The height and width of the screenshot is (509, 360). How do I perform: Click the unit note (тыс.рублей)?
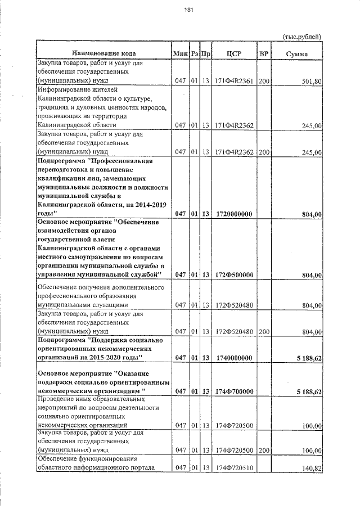[301, 37]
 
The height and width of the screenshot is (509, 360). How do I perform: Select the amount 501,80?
[311, 82]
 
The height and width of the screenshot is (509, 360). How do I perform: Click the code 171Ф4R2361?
[234, 82]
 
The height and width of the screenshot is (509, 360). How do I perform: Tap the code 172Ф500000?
[234, 274]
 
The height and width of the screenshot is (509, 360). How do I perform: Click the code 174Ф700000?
[234, 391]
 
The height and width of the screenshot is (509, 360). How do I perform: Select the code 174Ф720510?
[234, 468]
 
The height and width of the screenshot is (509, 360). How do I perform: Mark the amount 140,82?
[311, 468]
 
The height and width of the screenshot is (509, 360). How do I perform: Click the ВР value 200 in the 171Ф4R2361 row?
[264, 82]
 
